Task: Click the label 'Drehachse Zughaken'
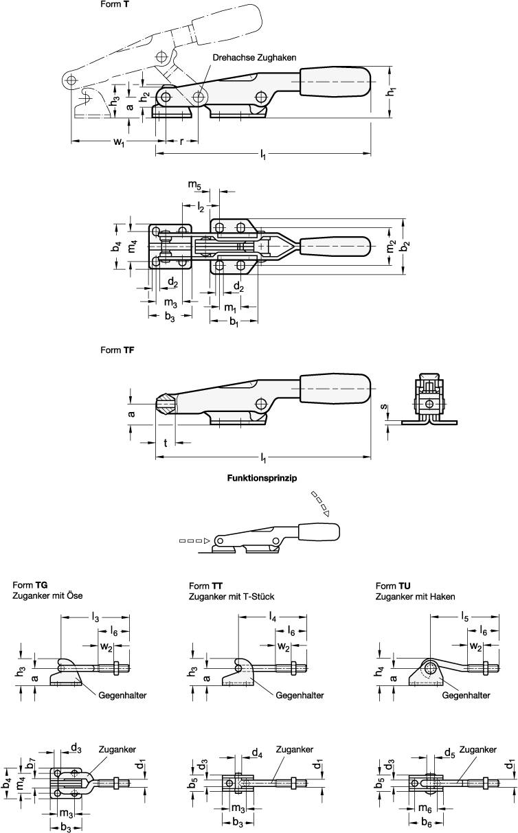[254, 58]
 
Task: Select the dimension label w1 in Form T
[118, 143]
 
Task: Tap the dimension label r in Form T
[181, 142]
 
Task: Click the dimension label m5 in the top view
[195, 185]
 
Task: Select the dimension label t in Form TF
[166, 443]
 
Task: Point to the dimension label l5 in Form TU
[465, 617]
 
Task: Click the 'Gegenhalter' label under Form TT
[300, 695]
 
